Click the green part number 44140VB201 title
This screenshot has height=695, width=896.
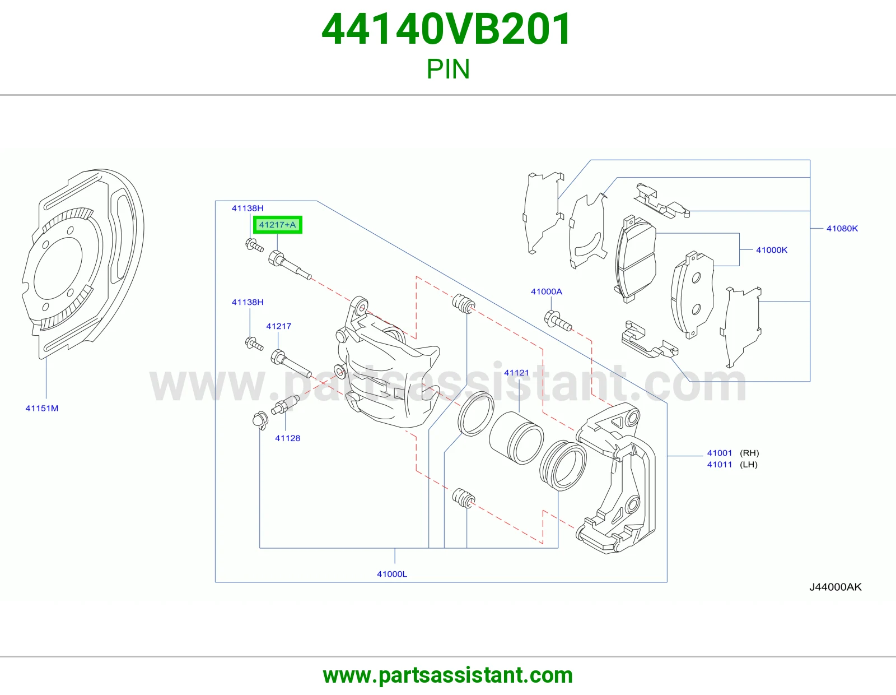(x=446, y=29)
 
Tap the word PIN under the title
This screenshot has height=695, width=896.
(x=448, y=69)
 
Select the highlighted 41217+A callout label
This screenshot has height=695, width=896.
(x=278, y=225)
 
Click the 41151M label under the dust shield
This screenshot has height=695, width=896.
(x=41, y=408)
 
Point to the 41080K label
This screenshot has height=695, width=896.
(x=842, y=228)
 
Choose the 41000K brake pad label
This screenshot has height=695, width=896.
(x=772, y=249)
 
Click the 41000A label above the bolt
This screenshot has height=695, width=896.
(x=547, y=291)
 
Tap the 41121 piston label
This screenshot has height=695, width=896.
(x=516, y=373)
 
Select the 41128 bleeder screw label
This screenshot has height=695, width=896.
(x=287, y=438)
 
